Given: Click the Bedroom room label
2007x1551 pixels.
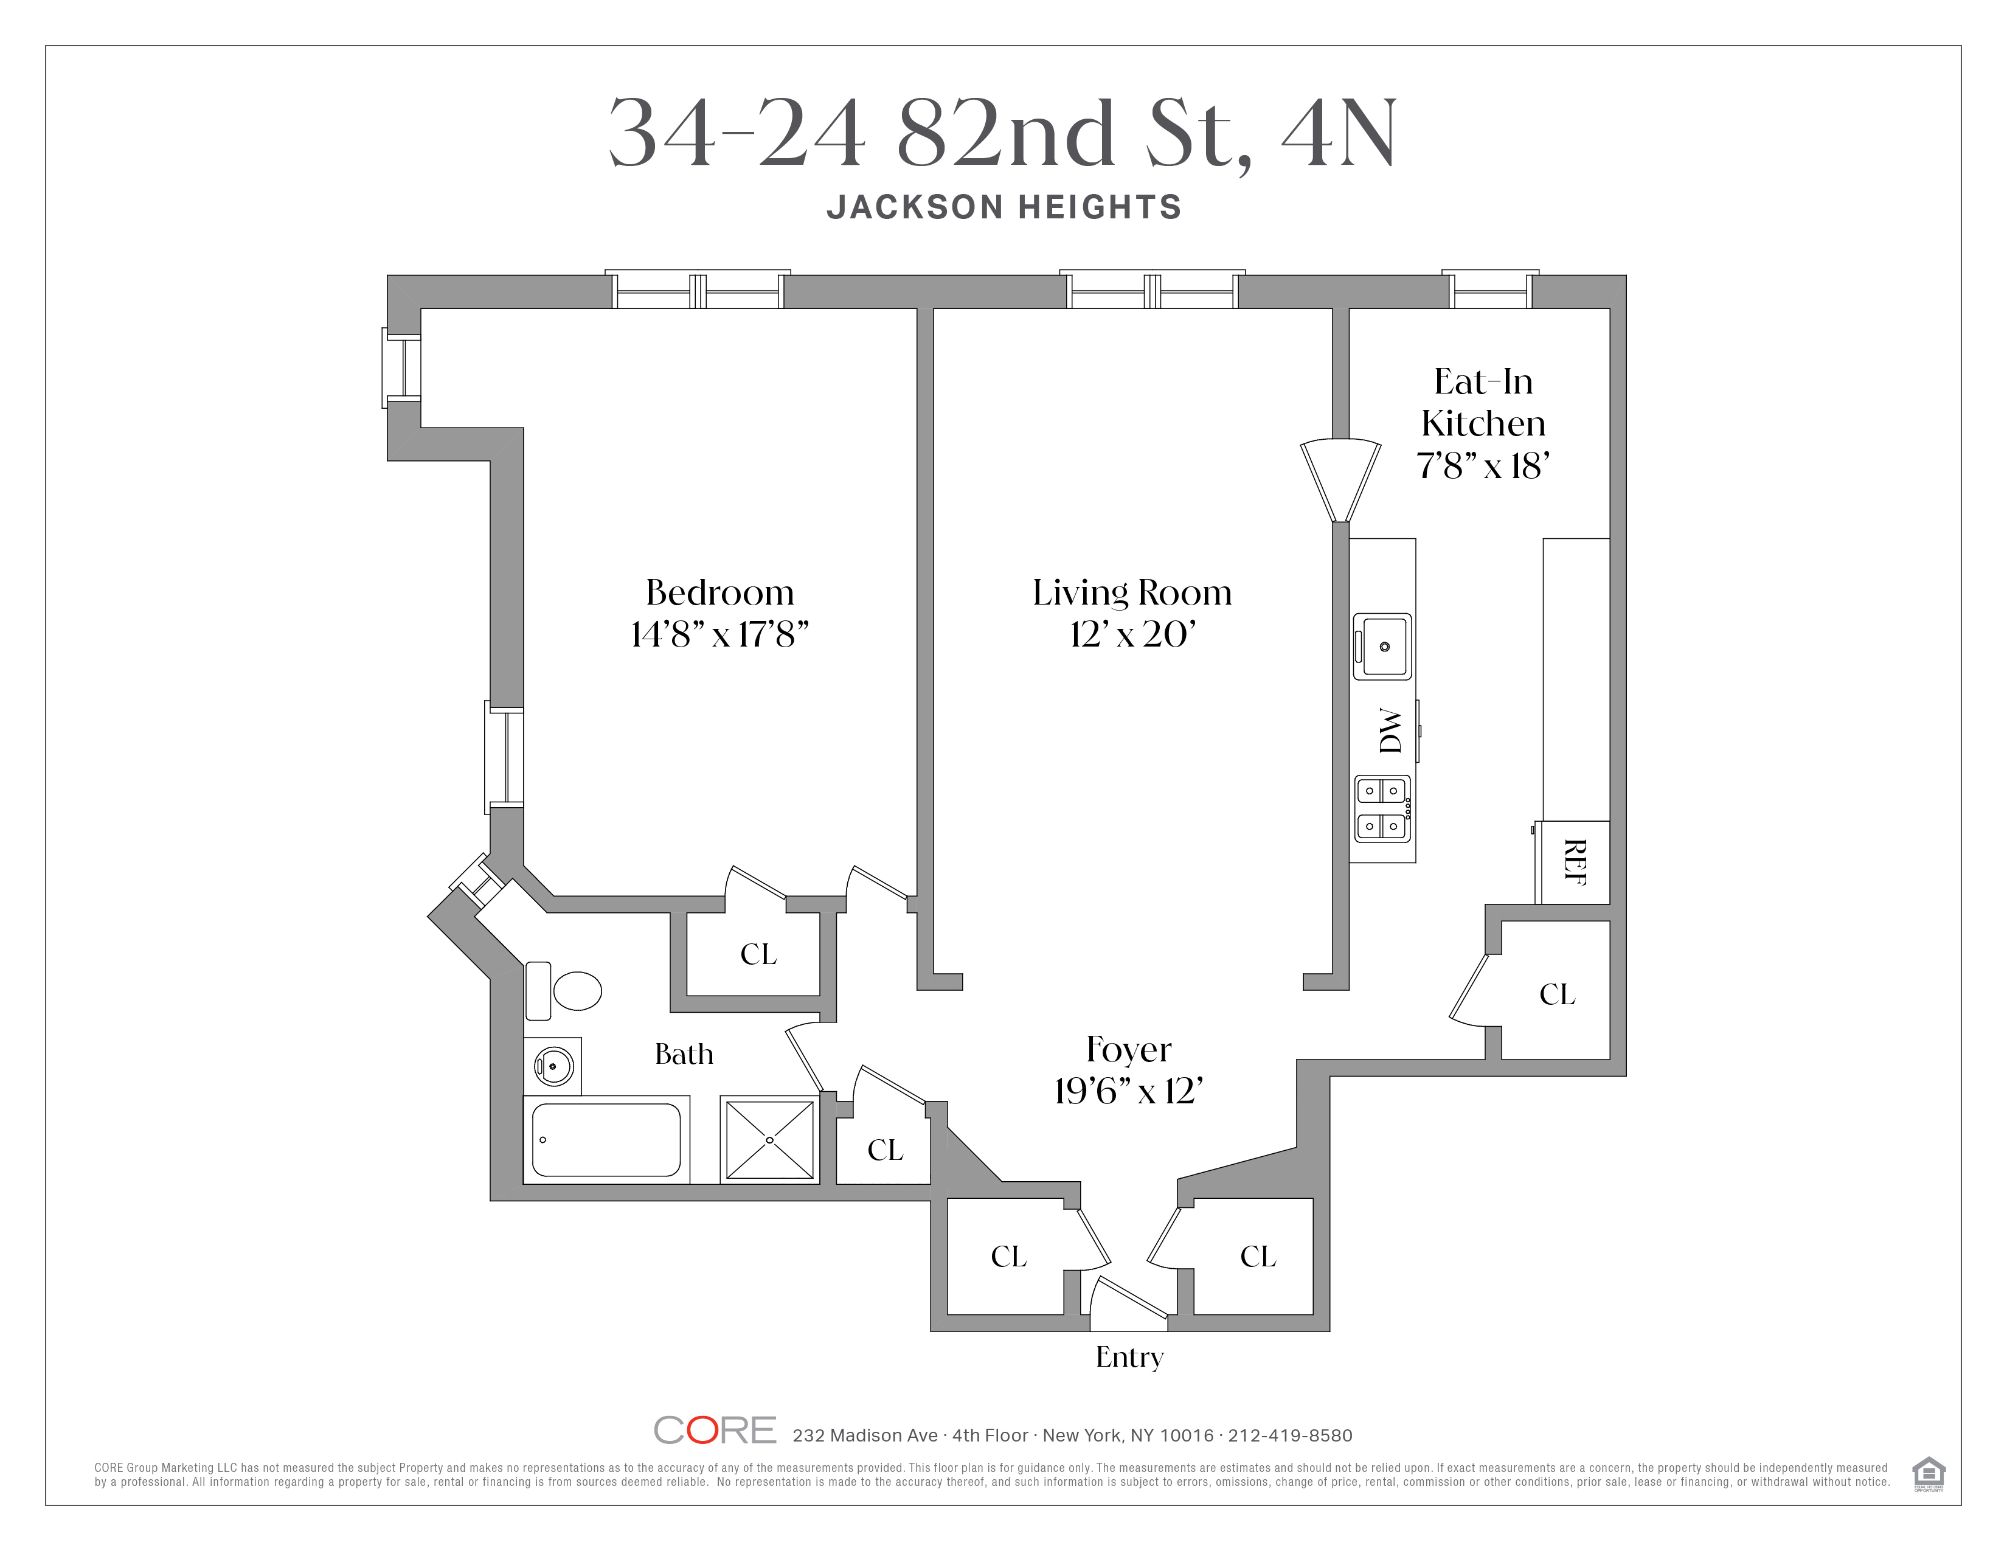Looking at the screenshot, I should (x=719, y=592).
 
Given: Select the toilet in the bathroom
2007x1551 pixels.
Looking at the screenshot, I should (x=575, y=990).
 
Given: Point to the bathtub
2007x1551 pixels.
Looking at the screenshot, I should (x=606, y=1139).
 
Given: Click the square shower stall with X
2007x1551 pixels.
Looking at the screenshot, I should (x=770, y=1139).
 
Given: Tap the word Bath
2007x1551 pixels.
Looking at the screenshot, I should (x=684, y=1054).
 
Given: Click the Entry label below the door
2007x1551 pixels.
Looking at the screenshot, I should (x=1129, y=1357).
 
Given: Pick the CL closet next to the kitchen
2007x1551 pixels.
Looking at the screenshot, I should (x=1557, y=994).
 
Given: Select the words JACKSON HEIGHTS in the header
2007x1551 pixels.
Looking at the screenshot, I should (x=1003, y=207).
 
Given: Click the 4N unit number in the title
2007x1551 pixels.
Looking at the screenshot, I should (x=1339, y=134).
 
